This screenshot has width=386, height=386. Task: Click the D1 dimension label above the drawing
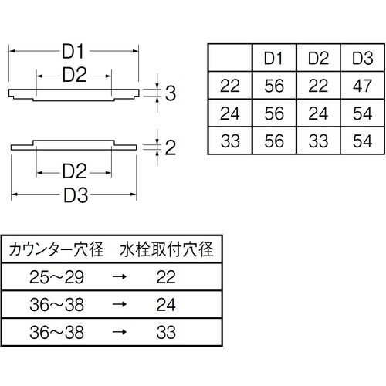74,51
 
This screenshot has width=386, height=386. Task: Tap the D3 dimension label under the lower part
74,195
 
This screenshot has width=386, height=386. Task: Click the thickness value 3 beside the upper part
171,94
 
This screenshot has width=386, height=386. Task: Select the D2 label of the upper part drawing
74,75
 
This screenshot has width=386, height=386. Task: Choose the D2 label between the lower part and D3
74,169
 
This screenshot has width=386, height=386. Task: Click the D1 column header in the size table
275,57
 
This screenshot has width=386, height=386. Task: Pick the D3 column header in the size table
362,57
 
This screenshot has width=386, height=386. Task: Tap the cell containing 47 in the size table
362,86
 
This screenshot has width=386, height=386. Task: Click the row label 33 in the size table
230,142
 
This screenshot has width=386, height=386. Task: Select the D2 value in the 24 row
318,114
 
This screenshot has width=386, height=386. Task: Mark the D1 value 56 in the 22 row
275,86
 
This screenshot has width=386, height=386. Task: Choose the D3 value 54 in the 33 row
362,142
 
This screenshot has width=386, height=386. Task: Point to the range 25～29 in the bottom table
54,277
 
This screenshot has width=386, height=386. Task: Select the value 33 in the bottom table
166,333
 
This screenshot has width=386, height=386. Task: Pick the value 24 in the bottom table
166,305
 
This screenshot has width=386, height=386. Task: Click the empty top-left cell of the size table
230,57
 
